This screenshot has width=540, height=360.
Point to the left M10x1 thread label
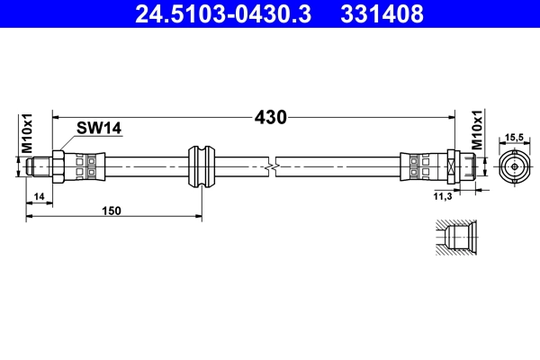[x=27, y=132]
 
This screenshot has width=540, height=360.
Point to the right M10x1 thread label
[x=477, y=132]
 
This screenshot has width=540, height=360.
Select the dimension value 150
[x=111, y=211]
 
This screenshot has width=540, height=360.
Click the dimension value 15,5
[x=514, y=136]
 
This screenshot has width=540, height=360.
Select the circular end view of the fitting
[x=514, y=166]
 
